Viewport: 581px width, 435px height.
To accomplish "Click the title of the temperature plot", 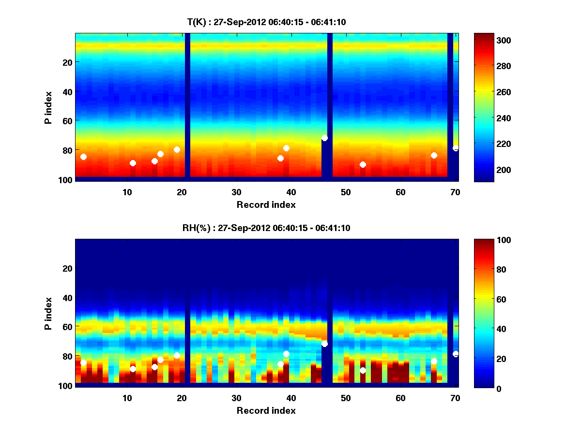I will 266,22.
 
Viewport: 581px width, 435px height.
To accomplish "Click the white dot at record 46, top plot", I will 324,138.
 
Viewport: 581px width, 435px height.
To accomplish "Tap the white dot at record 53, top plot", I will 363,164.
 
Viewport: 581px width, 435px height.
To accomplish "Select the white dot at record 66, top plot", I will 434,155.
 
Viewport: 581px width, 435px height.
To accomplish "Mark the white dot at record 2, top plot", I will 83,157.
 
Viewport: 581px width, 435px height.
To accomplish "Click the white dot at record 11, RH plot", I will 133,369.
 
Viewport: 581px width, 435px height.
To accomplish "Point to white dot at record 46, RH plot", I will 324,344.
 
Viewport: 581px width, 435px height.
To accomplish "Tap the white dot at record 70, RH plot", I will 456,354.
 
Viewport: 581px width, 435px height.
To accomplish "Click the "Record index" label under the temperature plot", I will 266,204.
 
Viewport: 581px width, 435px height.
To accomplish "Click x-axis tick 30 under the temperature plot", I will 236,192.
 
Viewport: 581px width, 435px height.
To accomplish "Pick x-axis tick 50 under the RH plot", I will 346,398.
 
